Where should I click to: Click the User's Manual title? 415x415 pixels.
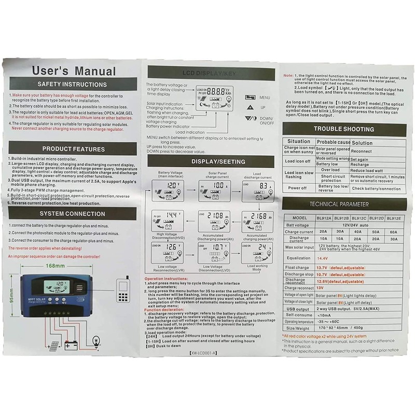[x=74, y=71]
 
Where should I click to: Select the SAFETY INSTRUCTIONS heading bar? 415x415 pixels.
[x=72, y=85]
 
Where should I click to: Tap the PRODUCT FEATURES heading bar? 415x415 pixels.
[x=73, y=149]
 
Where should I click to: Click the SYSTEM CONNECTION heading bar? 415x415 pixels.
[x=72, y=214]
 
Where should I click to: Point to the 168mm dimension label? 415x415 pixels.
[x=55, y=266]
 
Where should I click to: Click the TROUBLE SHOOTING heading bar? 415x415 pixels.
[x=343, y=129]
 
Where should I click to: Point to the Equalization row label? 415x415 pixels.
[x=299, y=258]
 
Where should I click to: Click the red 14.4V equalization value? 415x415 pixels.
[x=323, y=258]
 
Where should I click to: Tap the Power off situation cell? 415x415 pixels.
[x=297, y=188]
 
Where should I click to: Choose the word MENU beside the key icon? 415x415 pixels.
[x=265, y=97]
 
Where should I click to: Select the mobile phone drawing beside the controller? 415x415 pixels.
[x=123, y=290]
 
